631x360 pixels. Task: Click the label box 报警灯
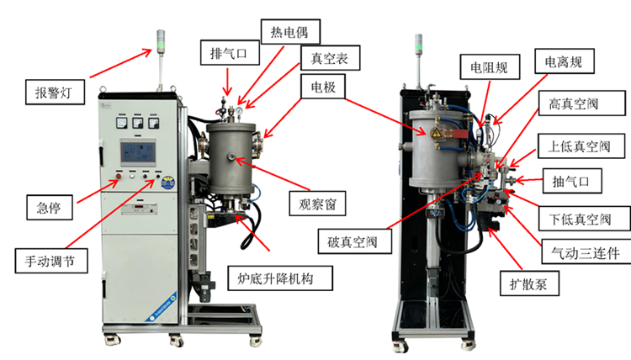pyautogui.click(x=54, y=91)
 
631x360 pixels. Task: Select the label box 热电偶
pyautogui.click(x=283, y=33)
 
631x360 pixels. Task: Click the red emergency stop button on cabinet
pyautogui.click(x=119, y=177)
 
